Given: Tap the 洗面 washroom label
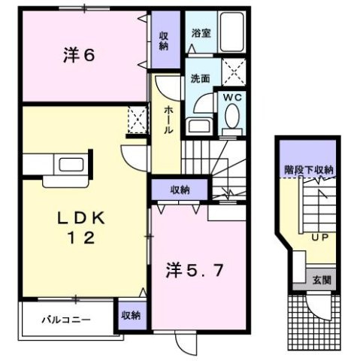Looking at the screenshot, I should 199,77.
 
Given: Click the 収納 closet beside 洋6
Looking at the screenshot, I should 164,40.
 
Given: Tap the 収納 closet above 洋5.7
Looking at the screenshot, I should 179,190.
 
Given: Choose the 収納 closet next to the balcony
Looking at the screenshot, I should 131,317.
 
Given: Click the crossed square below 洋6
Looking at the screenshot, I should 138,120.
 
